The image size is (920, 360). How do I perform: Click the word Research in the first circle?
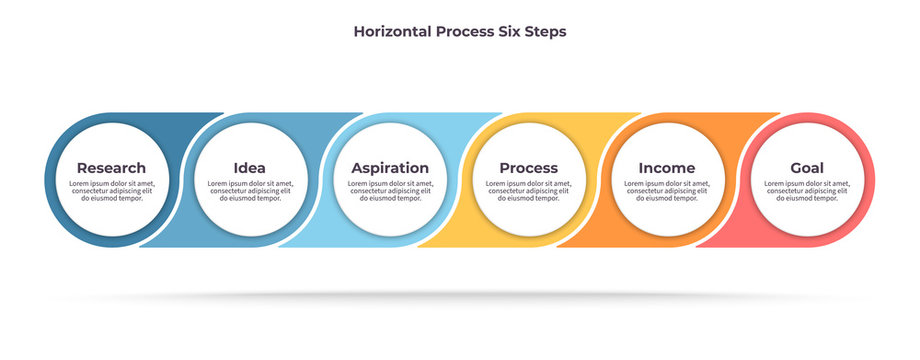click(111, 168)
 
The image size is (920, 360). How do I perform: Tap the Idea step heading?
click(249, 168)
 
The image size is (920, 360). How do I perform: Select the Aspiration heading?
click(390, 168)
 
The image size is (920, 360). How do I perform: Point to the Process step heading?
click(528, 168)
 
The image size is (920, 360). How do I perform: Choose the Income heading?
click(667, 168)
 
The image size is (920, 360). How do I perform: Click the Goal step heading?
click(807, 168)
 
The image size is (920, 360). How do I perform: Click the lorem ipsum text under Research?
click(111, 191)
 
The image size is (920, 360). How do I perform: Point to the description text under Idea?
click(249, 191)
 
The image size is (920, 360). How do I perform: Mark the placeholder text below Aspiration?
click(390, 191)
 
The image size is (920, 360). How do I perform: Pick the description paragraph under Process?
click(528, 191)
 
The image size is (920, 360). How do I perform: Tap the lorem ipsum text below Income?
click(667, 191)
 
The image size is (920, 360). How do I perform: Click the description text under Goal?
click(807, 191)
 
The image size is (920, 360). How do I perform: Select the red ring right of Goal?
click(869, 180)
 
